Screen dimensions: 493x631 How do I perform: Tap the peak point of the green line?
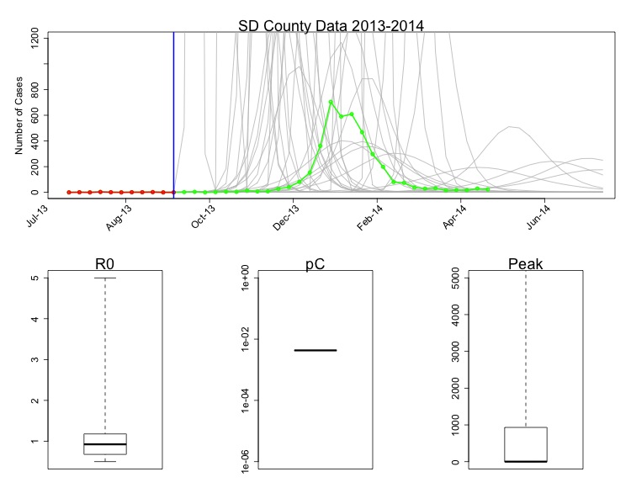tap(331, 102)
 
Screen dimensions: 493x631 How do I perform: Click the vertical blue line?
tap(173, 109)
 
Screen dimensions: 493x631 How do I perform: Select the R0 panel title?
tap(105, 265)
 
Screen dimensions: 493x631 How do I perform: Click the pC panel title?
tap(315, 265)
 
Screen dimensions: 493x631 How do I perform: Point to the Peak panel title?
tap(526, 265)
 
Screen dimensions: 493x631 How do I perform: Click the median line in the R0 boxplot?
tap(105, 443)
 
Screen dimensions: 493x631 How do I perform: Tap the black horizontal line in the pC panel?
tap(315, 349)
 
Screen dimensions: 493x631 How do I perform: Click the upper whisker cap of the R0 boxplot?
tap(105, 278)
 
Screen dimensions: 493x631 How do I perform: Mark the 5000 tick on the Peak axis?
tap(456, 278)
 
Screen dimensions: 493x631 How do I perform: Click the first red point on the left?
tap(69, 192)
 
